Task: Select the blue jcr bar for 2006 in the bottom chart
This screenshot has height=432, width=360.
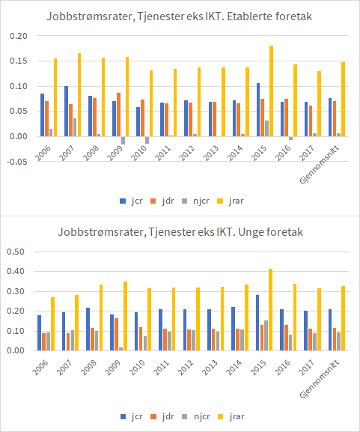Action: (39, 332)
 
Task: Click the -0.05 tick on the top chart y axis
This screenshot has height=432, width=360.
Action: (16, 162)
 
